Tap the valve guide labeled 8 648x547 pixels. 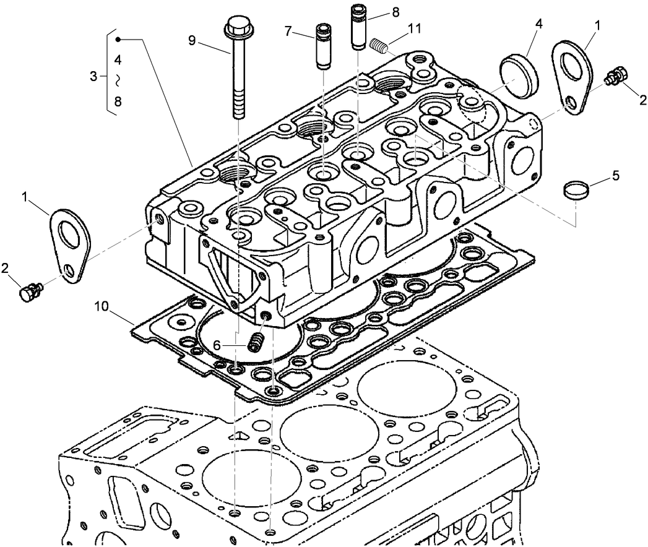[x=359, y=26]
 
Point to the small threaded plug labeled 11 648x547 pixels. [x=378, y=46]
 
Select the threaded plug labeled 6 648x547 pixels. [x=256, y=340]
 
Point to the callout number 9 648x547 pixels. [x=192, y=40]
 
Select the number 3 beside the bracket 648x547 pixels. [x=93, y=77]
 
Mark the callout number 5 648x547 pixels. [x=615, y=174]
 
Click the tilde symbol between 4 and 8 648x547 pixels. [x=118, y=80]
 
